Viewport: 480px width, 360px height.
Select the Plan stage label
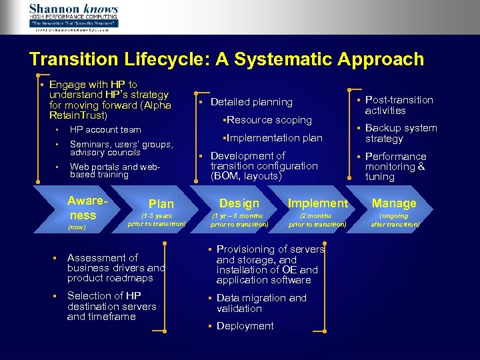(x=161, y=204)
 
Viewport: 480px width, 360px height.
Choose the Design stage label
(x=239, y=203)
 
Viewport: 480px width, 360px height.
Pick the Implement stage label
(x=317, y=203)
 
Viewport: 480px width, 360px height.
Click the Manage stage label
(x=394, y=203)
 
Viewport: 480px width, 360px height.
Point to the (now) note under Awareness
(x=77, y=227)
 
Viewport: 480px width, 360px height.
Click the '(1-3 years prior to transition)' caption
(x=157, y=220)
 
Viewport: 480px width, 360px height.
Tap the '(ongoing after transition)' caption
(x=394, y=220)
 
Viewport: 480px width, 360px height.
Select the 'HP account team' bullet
(x=105, y=130)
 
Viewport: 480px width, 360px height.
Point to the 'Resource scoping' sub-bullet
(x=268, y=120)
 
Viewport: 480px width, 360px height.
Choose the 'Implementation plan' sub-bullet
(x=273, y=138)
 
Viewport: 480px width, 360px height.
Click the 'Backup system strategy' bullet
(x=401, y=133)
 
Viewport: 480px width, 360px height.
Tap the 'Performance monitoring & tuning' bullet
(x=395, y=167)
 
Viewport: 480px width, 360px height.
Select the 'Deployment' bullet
(x=245, y=326)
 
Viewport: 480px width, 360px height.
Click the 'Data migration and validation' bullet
(x=261, y=303)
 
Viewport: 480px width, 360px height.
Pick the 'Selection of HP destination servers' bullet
(x=111, y=306)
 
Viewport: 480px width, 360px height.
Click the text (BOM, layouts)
(x=246, y=177)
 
